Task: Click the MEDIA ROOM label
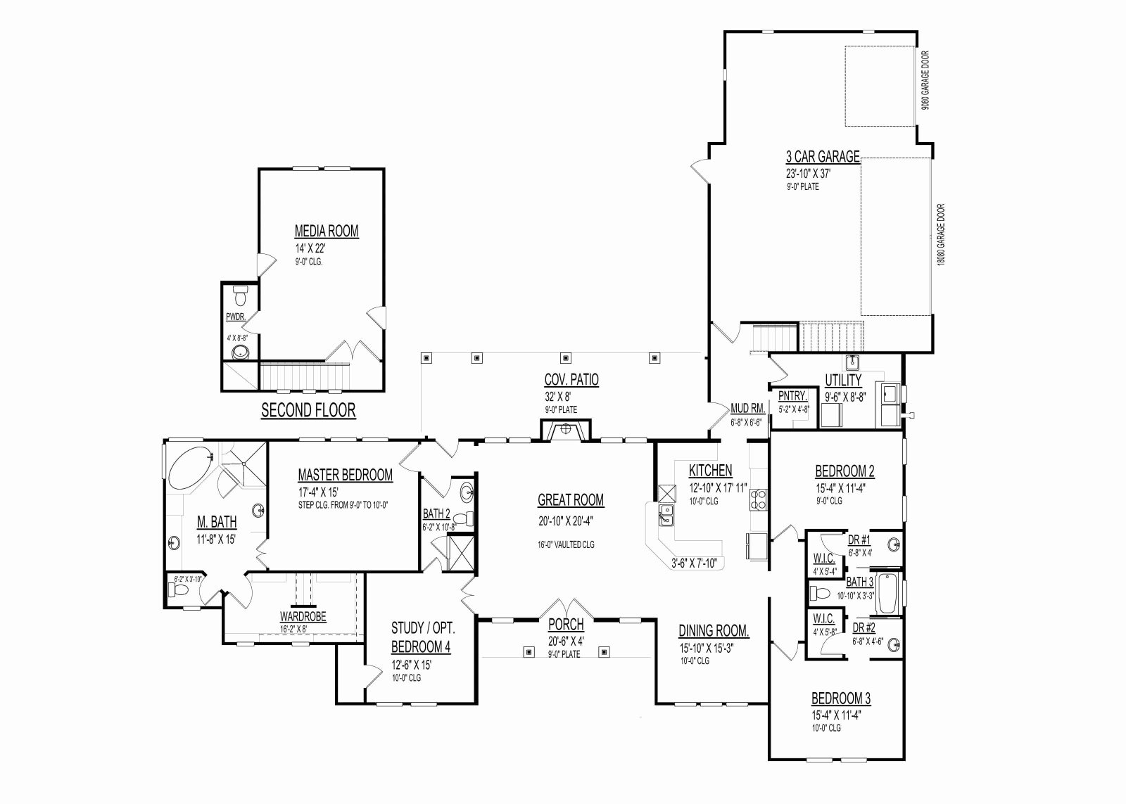327,231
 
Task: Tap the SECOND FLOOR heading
308,411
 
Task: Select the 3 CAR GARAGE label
823,157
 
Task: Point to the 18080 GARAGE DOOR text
941,235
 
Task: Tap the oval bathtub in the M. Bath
191,467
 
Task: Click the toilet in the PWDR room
240,295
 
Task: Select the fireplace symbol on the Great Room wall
566,430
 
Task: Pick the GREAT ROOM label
571,500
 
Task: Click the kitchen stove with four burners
757,500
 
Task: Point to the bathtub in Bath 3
888,593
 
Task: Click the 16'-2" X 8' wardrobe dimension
293,628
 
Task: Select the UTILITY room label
843,381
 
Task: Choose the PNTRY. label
792,397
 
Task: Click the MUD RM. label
748,409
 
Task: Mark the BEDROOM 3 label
841,698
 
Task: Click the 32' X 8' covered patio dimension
558,397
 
